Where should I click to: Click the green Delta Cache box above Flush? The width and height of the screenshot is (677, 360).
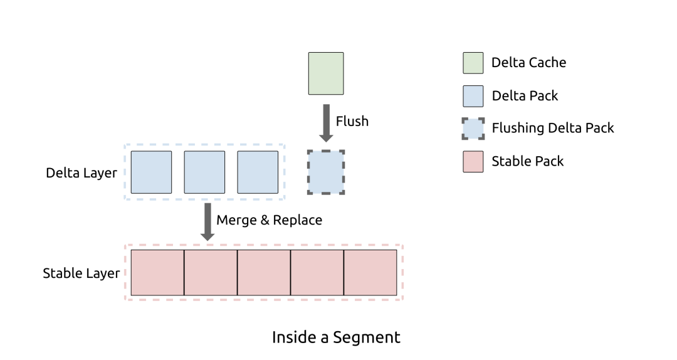click(326, 73)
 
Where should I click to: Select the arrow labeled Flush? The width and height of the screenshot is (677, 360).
click(326, 122)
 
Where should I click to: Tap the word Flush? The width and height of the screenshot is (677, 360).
click(352, 121)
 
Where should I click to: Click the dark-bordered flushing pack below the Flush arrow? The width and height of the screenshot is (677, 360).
click(326, 172)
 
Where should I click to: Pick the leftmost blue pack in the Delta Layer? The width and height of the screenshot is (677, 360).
click(151, 172)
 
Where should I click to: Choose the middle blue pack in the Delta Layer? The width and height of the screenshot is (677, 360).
click(204, 172)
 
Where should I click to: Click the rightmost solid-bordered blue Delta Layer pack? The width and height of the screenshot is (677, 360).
click(258, 172)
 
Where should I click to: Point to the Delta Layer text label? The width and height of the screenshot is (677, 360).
click(81, 172)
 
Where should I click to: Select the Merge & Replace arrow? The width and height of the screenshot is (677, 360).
click(207, 221)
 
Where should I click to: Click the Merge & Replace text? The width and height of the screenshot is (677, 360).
click(269, 220)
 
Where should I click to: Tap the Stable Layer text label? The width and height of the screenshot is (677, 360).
click(81, 273)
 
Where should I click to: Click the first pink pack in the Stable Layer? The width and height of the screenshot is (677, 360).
click(157, 273)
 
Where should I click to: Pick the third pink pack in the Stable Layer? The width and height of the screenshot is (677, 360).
click(264, 273)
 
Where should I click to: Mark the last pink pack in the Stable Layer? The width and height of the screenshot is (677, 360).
click(370, 273)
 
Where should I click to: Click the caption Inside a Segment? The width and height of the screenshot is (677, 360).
click(336, 337)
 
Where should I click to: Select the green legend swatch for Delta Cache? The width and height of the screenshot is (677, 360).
click(473, 63)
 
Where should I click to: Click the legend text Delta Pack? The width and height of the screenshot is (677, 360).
click(525, 96)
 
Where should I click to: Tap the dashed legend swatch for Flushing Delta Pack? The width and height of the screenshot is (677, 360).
click(473, 129)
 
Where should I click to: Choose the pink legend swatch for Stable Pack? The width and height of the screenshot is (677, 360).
click(473, 162)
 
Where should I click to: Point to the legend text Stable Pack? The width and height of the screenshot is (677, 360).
click(528, 161)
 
